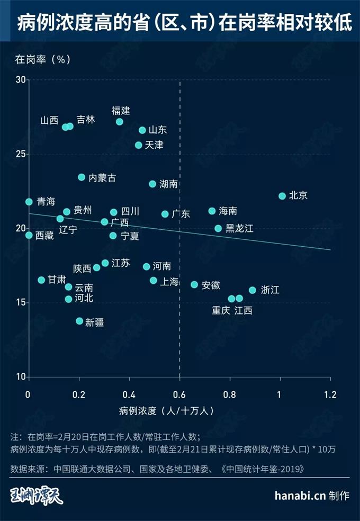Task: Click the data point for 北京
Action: (282, 196)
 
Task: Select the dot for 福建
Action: (120, 122)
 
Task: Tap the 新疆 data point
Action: (79, 321)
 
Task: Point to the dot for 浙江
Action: (253, 290)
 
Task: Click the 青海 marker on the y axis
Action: (29, 202)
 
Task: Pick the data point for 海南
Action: (212, 211)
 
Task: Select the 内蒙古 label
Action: (102, 178)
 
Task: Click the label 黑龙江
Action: (240, 229)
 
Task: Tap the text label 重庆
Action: (221, 310)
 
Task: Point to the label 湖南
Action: (168, 184)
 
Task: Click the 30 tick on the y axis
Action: (21, 79)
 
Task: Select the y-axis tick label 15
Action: (21, 302)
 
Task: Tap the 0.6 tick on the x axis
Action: (180, 394)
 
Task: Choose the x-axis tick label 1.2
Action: (330, 394)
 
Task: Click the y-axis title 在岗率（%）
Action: (43, 59)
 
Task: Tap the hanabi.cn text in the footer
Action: (300, 496)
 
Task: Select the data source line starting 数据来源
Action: (158, 469)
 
